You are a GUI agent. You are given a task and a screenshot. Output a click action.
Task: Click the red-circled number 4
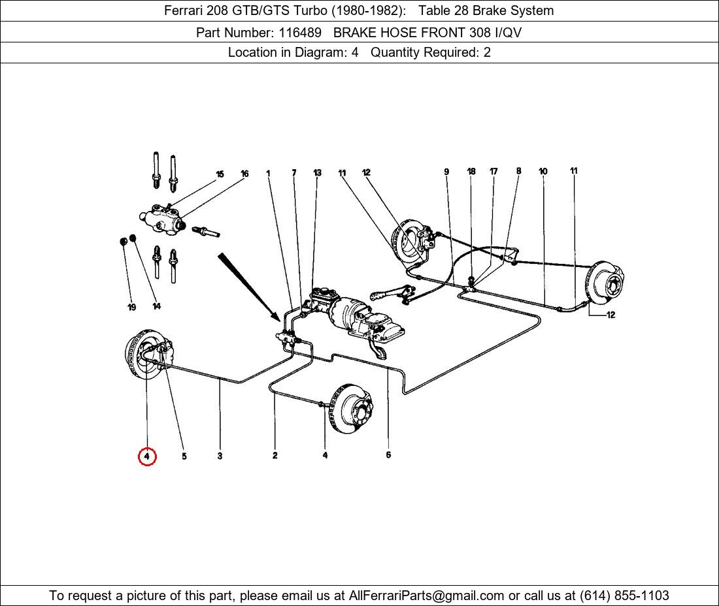[x=147, y=456]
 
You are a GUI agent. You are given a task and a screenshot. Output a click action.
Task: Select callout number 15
[x=220, y=174]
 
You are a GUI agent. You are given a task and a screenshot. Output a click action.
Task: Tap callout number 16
[x=244, y=174]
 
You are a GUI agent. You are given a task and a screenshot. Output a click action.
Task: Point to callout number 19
[x=131, y=307]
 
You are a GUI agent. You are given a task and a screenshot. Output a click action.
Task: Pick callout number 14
[x=157, y=306]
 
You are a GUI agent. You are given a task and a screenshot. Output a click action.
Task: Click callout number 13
[x=317, y=173]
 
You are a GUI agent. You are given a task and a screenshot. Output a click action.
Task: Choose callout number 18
[x=471, y=172]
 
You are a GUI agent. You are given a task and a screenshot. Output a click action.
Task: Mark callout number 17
[x=493, y=172]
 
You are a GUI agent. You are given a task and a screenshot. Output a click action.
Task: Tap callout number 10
[x=543, y=172]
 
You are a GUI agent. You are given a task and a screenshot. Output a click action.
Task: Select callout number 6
[x=388, y=455]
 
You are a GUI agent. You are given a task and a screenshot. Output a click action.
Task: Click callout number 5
[x=184, y=456]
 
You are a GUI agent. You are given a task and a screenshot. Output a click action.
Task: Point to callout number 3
[x=220, y=456]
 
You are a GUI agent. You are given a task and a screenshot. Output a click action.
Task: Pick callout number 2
[x=275, y=455]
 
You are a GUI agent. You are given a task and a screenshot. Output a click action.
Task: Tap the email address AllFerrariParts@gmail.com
[x=427, y=596]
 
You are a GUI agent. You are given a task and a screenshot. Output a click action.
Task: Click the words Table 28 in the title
[x=444, y=10]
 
